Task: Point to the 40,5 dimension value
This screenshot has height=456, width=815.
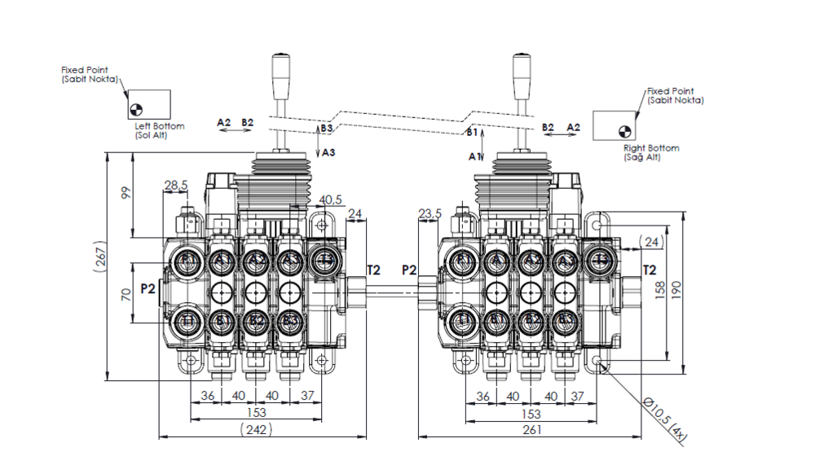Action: coord(330,199)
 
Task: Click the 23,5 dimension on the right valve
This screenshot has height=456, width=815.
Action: coord(430,213)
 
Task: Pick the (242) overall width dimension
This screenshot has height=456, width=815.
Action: coord(257,429)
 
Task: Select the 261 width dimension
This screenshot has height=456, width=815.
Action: coord(531,429)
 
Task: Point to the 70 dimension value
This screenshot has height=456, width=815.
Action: coord(126,293)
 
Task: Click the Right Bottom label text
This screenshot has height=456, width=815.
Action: coord(651,152)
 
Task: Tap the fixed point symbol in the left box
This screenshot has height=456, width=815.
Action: coord(136,107)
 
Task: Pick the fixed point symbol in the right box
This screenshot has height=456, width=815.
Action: coord(626,129)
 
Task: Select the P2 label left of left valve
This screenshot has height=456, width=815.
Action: coord(148,287)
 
